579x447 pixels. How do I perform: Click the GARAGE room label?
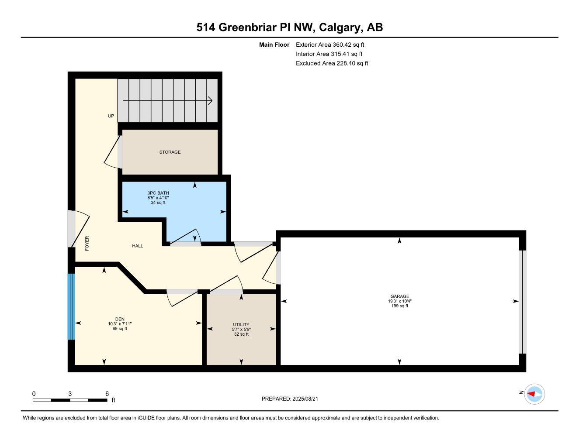point(399,296)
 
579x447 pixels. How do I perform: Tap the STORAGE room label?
point(170,152)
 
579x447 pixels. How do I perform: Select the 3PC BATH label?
point(158,193)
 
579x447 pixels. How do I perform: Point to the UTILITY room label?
point(241,324)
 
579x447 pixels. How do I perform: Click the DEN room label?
point(120,319)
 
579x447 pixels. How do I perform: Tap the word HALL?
point(138,246)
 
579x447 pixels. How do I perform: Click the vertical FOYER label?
point(87,243)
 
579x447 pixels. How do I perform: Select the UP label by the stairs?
point(111,116)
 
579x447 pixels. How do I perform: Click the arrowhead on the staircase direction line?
point(210,101)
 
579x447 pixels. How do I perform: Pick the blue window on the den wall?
point(71,306)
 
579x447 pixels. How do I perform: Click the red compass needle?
point(531,394)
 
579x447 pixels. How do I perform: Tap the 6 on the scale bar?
point(107,394)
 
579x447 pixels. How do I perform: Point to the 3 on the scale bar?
point(70,394)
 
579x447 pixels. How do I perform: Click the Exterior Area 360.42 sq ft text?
point(330,45)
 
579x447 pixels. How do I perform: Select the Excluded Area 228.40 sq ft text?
point(332,63)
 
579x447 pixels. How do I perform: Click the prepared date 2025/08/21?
point(309,399)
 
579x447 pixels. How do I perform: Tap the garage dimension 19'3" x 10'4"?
point(399,301)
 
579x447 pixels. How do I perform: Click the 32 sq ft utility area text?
point(241,334)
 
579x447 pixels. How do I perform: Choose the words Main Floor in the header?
point(274,45)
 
